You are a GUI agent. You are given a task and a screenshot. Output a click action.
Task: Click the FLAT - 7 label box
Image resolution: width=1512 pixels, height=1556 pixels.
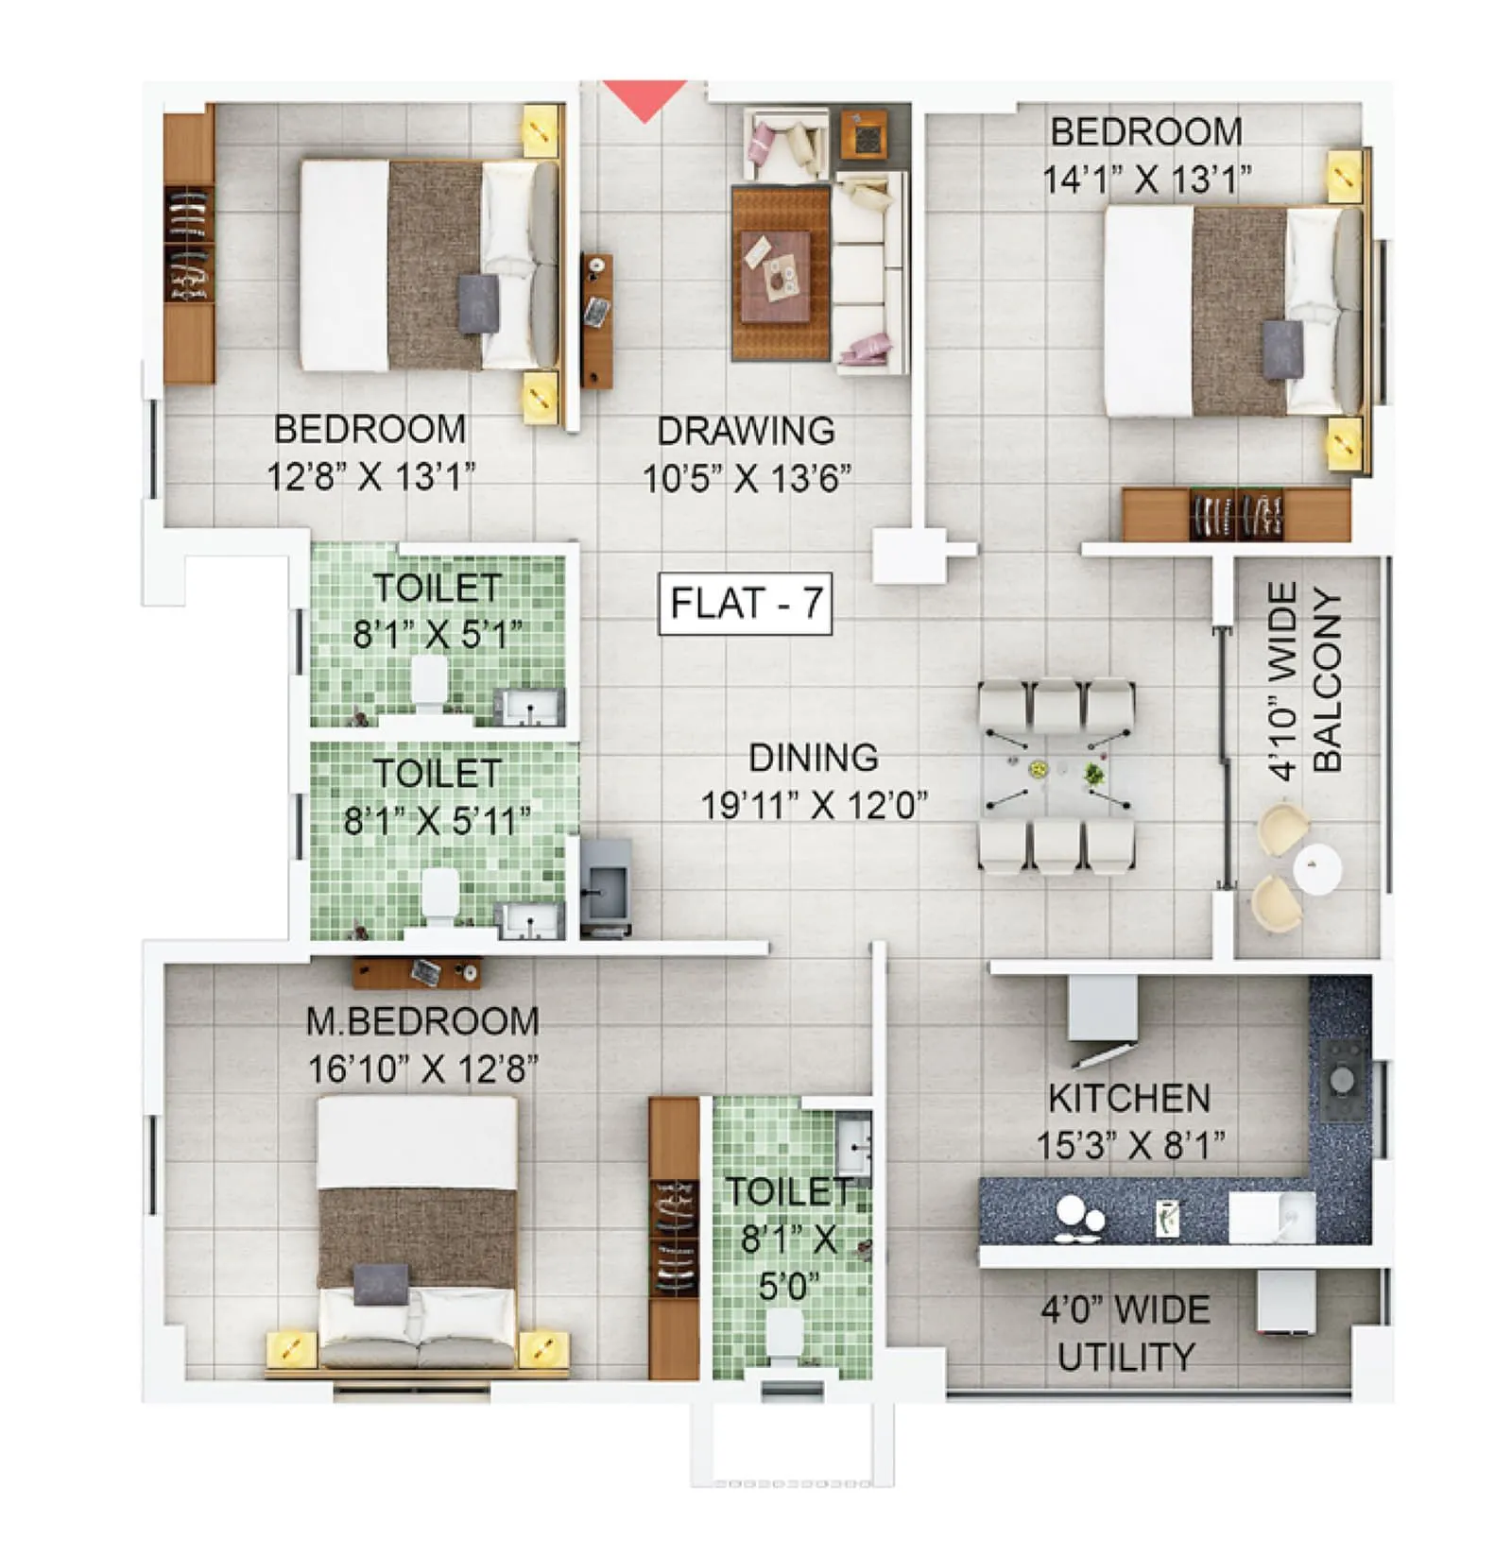[745, 603]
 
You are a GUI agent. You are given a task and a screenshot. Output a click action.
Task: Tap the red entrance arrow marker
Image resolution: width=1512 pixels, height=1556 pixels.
[644, 100]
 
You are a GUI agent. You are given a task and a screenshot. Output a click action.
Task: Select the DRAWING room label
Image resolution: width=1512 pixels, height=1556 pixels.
[746, 431]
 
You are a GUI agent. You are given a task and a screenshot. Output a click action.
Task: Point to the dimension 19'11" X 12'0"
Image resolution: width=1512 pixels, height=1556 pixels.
[813, 806]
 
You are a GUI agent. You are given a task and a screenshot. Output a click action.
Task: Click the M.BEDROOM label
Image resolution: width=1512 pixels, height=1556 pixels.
[422, 1021]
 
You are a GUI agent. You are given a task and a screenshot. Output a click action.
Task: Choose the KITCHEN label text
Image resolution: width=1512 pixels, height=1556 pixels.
[1128, 1098]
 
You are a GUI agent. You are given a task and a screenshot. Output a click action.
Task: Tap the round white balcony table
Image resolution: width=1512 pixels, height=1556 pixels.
[1316, 870]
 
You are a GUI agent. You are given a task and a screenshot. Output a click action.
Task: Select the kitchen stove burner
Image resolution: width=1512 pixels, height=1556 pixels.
[1340, 1078]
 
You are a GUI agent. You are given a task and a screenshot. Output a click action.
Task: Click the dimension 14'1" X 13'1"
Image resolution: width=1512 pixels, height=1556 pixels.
[1146, 180]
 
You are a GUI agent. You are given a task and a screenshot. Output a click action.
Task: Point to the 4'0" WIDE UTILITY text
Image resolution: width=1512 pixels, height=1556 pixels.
[1125, 1333]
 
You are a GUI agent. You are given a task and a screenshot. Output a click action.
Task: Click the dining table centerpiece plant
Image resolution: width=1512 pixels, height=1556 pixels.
[1093, 774]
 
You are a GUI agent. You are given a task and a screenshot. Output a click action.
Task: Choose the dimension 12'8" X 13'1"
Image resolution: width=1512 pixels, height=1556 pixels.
[369, 476]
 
